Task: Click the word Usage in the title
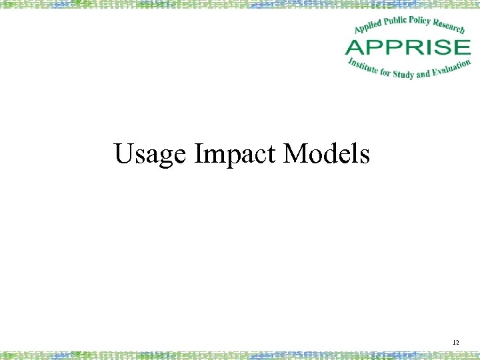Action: click(x=151, y=155)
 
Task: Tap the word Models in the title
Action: click(x=326, y=154)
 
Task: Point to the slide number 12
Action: click(x=456, y=343)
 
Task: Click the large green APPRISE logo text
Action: click(x=407, y=47)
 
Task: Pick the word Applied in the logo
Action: click(x=368, y=27)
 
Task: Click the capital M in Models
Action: click(x=296, y=153)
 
